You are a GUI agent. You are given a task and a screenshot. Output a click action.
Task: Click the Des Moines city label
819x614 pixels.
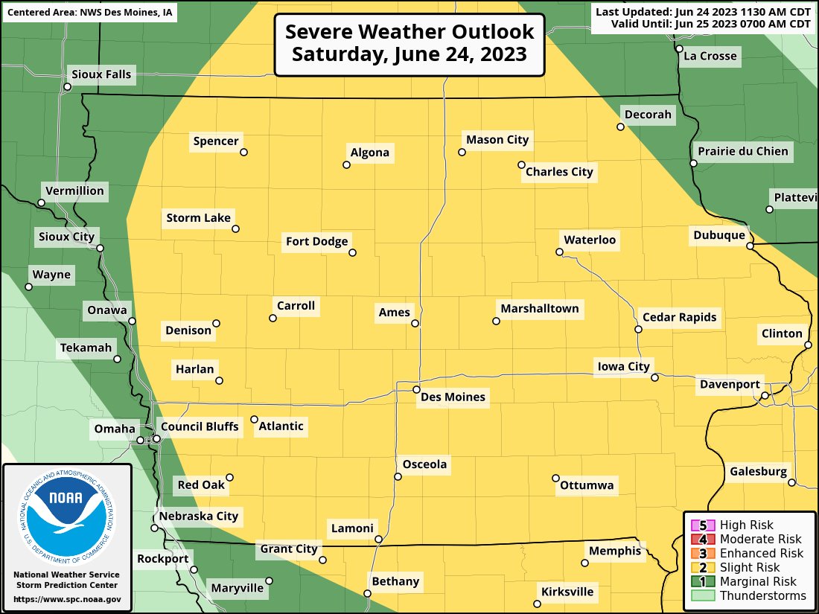[x=453, y=397]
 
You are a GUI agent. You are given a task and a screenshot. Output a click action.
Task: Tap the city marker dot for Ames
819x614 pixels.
[x=415, y=323]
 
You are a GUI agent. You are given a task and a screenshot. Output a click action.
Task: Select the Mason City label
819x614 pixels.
[x=497, y=139]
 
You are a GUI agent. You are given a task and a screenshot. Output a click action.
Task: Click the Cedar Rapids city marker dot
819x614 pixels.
[x=638, y=329]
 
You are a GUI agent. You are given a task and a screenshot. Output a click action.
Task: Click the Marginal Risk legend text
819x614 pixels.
[x=758, y=581]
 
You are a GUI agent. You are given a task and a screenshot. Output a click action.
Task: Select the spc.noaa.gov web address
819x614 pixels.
[x=67, y=599]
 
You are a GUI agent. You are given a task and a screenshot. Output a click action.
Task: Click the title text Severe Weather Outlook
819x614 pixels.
[x=409, y=32]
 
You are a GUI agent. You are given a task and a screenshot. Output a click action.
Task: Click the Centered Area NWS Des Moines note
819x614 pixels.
[x=89, y=13]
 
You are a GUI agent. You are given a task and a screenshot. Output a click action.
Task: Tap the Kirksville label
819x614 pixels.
[x=567, y=592]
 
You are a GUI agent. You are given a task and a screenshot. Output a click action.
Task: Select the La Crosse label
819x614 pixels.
[x=710, y=56]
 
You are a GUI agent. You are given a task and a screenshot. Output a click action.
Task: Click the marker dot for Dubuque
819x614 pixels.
[x=751, y=245]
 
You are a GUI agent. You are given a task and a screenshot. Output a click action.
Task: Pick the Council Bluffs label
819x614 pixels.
[x=200, y=426]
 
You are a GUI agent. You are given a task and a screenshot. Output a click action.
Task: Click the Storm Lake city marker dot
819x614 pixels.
[x=236, y=228]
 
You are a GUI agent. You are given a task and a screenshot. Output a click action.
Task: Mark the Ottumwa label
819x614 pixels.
[x=587, y=486]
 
